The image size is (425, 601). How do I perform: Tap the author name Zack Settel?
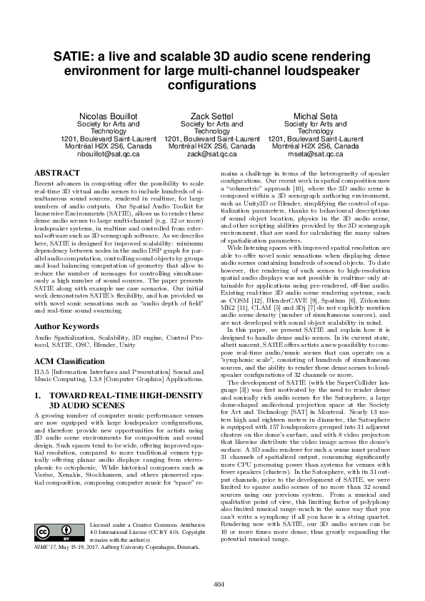tap(211, 116)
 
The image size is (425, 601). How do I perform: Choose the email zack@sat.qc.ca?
tap(211, 153)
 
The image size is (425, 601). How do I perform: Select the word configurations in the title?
tap(211, 85)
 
